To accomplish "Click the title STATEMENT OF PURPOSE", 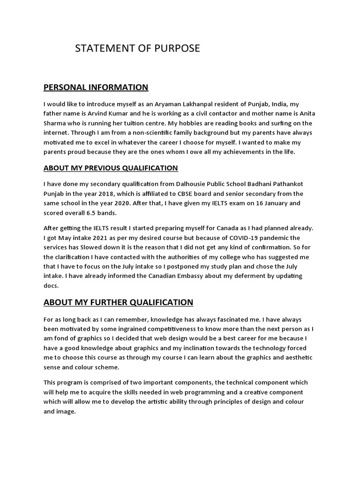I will [137, 48].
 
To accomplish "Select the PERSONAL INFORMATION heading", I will [96, 87].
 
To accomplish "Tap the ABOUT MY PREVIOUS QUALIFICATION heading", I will [111, 168].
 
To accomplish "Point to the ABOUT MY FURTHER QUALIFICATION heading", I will [118, 302].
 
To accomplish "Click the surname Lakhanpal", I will [217, 104].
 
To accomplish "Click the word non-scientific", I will [142, 133].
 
